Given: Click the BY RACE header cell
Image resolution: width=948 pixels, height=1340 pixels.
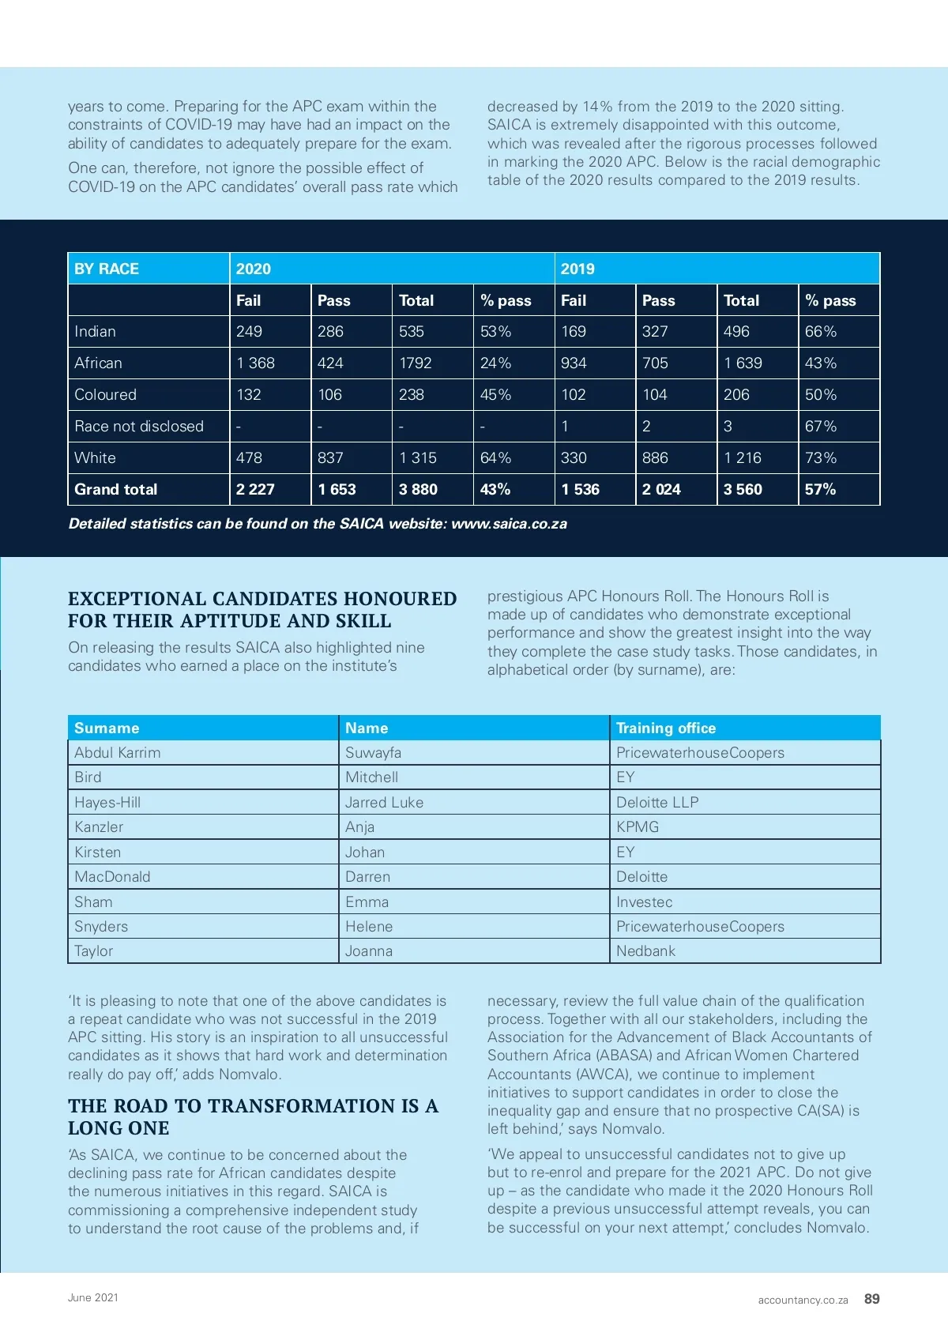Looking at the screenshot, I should pyautogui.click(x=107, y=269).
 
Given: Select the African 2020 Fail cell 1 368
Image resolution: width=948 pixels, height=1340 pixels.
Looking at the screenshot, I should pyautogui.click(x=255, y=363).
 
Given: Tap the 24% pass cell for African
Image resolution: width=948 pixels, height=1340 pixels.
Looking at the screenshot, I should pyautogui.click(x=495, y=363).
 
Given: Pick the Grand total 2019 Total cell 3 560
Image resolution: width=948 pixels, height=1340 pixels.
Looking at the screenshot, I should pyautogui.click(x=743, y=489).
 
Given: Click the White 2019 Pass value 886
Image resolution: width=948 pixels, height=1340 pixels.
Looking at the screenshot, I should pyautogui.click(x=655, y=457).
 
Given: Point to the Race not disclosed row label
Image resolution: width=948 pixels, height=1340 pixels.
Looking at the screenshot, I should pyautogui.click(x=139, y=426).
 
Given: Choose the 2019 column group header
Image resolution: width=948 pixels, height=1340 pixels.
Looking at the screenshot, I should pyautogui.click(x=577, y=269).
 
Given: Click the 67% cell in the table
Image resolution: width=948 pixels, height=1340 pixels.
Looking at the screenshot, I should pyautogui.click(x=820, y=426).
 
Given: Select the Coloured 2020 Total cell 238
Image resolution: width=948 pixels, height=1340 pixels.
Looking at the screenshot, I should pyautogui.click(x=412, y=394).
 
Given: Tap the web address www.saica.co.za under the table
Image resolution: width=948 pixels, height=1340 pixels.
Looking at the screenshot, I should pyautogui.click(x=509, y=524).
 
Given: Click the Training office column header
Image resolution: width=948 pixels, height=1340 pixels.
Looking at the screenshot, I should pyautogui.click(x=666, y=728).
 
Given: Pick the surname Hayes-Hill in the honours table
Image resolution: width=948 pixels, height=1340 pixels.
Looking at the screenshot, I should pyautogui.click(x=107, y=802).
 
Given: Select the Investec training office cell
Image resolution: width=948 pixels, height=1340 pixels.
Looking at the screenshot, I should pyautogui.click(x=645, y=901).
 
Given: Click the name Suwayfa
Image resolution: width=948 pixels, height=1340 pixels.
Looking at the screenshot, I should pyautogui.click(x=373, y=752).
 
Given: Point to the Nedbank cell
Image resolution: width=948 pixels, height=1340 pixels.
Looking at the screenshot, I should pyautogui.click(x=645, y=950).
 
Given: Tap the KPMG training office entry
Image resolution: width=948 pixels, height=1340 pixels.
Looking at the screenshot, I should pyautogui.click(x=638, y=826).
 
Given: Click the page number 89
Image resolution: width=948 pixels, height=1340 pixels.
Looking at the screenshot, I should pyautogui.click(x=872, y=1298).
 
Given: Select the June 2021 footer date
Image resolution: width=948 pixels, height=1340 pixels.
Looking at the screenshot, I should pyautogui.click(x=93, y=1297).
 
